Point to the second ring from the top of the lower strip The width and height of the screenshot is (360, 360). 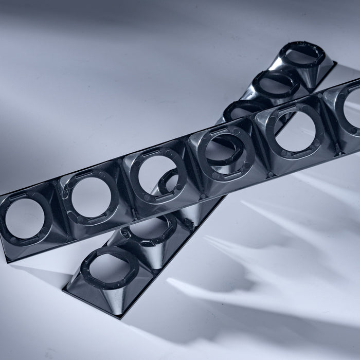(276, 82)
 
